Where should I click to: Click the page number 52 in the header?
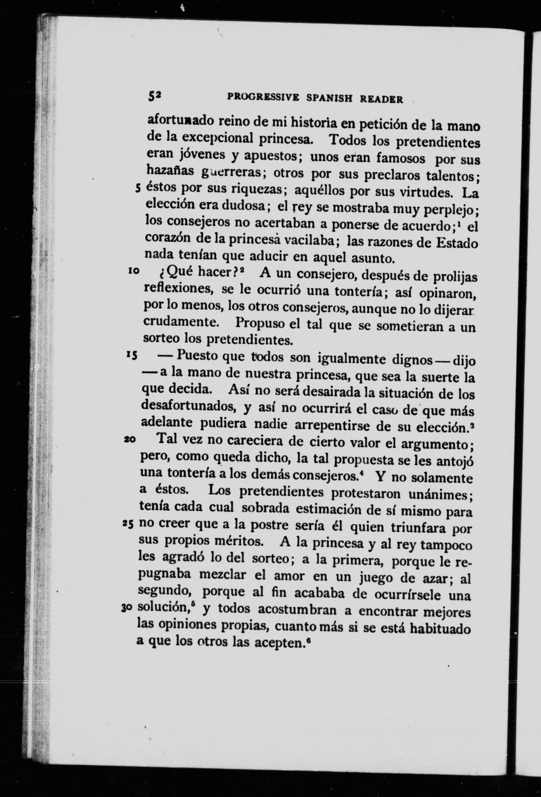154,97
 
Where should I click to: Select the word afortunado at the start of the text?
180,122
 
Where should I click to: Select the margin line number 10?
134,271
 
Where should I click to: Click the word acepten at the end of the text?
280,642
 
